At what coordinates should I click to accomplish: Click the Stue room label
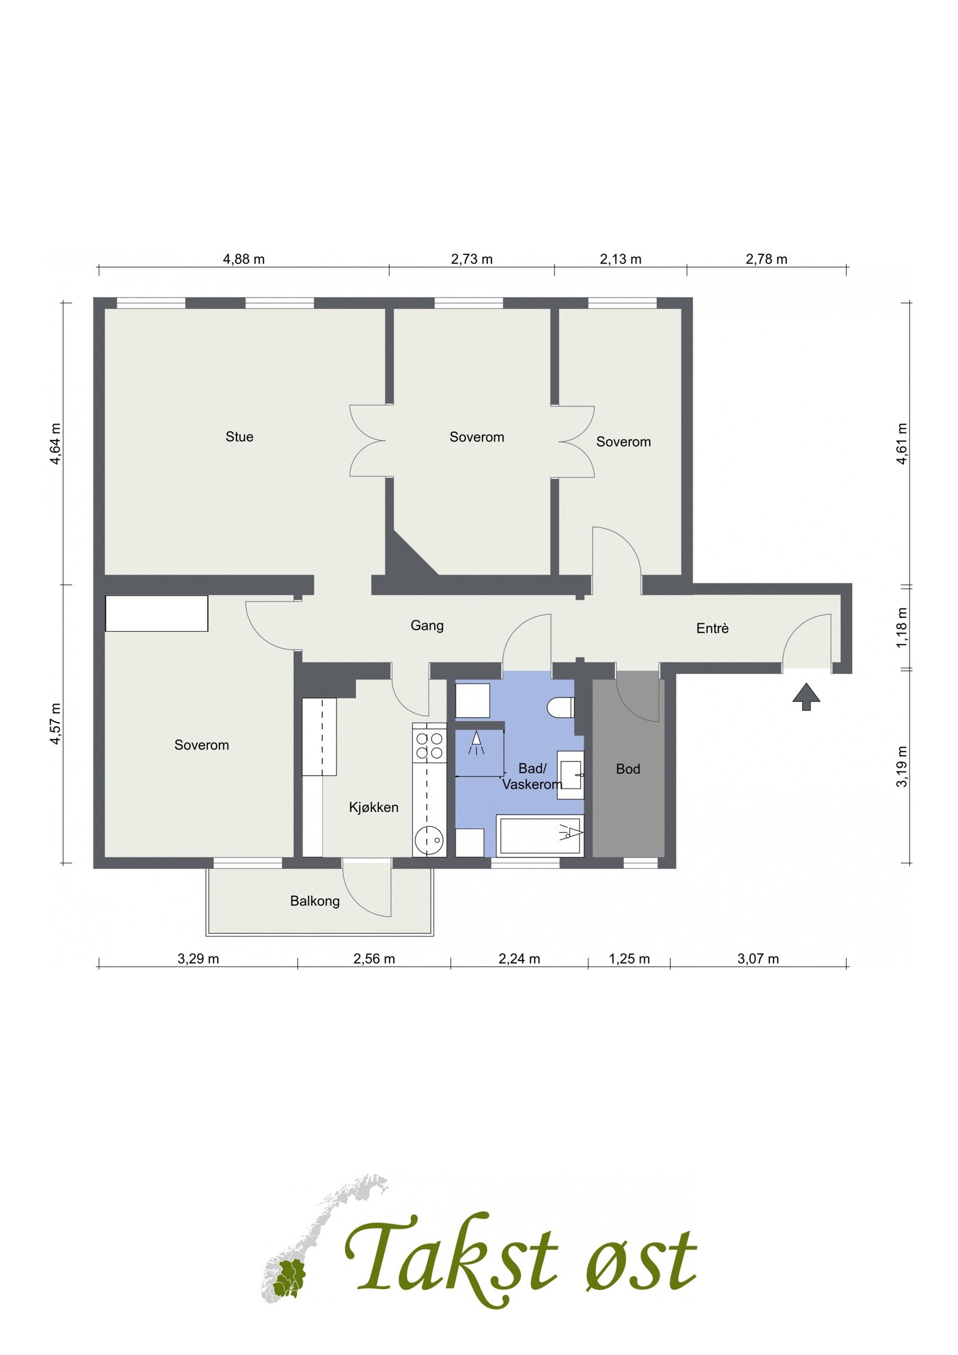[239, 437]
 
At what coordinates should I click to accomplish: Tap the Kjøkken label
[374, 807]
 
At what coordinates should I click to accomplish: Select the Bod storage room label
[628, 769]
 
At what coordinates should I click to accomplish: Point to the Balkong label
[315, 901]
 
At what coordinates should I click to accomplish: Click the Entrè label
[713, 628]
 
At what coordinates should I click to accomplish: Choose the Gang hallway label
[427, 625]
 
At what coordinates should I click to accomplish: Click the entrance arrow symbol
[806, 696]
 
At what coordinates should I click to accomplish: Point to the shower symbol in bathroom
[476, 742]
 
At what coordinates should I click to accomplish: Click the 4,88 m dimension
[244, 259]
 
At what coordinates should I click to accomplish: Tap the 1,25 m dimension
[629, 959]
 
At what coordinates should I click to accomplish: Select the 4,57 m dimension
[55, 723]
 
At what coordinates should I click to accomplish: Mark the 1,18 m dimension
[902, 627]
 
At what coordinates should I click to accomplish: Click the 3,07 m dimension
[758, 959]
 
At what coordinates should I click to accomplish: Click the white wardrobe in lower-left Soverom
[157, 613]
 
